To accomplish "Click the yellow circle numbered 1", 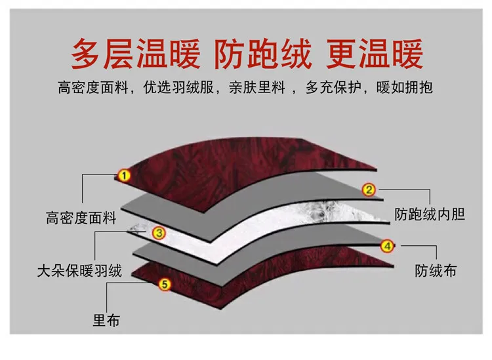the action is [124, 175].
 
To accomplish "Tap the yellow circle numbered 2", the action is [369, 190].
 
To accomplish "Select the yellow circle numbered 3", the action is [159, 233].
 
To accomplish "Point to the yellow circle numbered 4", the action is [387, 246].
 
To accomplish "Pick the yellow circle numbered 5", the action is [165, 285].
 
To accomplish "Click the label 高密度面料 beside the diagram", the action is [81, 218].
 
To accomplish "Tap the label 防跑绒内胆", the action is [430, 214].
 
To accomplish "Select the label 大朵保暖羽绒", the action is [79, 271].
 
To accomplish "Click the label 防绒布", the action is [436, 271].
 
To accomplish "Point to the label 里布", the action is [106, 321].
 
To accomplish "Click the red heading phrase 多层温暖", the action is [136, 54].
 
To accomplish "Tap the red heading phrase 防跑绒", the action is [263, 54].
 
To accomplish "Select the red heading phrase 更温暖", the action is [375, 54].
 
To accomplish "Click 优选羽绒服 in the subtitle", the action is [178, 87].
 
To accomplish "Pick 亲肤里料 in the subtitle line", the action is [257, 87].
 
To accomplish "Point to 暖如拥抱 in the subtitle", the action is [405, 87].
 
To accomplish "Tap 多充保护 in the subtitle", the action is [333, 87].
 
